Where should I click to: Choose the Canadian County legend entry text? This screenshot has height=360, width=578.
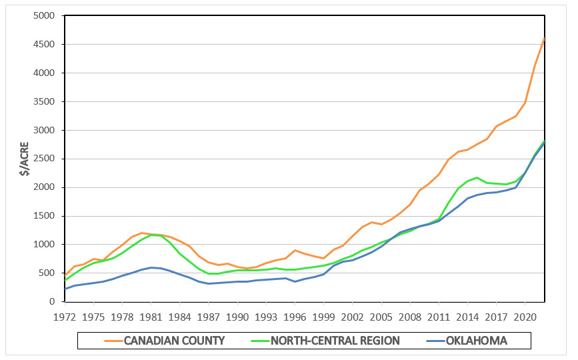click(175, 341)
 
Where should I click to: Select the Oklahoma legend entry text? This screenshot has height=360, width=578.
click(477, 341)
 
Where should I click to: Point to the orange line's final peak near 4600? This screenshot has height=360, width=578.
click(544, 38)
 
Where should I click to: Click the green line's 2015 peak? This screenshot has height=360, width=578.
click(477, 177)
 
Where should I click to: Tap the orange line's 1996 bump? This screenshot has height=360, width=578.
click(295, 250)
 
